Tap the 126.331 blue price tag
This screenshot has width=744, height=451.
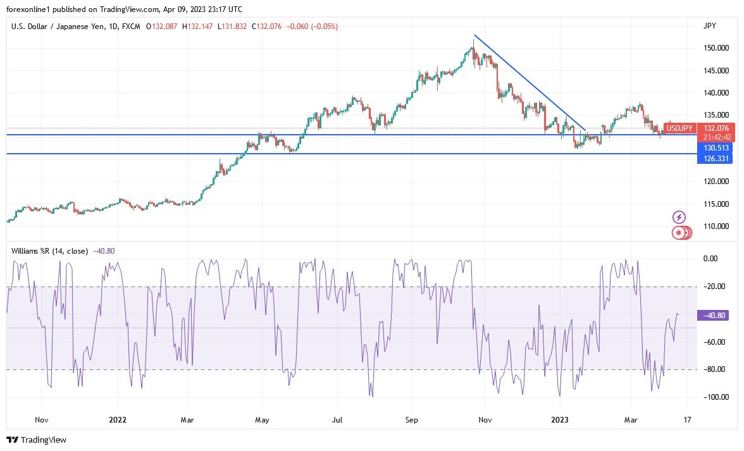716,159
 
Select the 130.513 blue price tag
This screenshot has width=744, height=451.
716,147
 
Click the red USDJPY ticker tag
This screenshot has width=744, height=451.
679,128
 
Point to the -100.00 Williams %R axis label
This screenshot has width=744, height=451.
716,397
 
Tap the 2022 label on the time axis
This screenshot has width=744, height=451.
118,419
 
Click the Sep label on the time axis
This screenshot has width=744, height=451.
412,419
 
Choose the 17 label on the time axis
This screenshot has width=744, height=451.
688,419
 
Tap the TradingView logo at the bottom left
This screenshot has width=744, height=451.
37,440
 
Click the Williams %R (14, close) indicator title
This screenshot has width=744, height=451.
49,251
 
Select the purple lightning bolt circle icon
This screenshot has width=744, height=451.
679,218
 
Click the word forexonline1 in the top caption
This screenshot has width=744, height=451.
30,8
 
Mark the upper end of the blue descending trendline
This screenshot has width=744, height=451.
474,35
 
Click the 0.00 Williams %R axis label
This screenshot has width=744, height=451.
711,259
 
